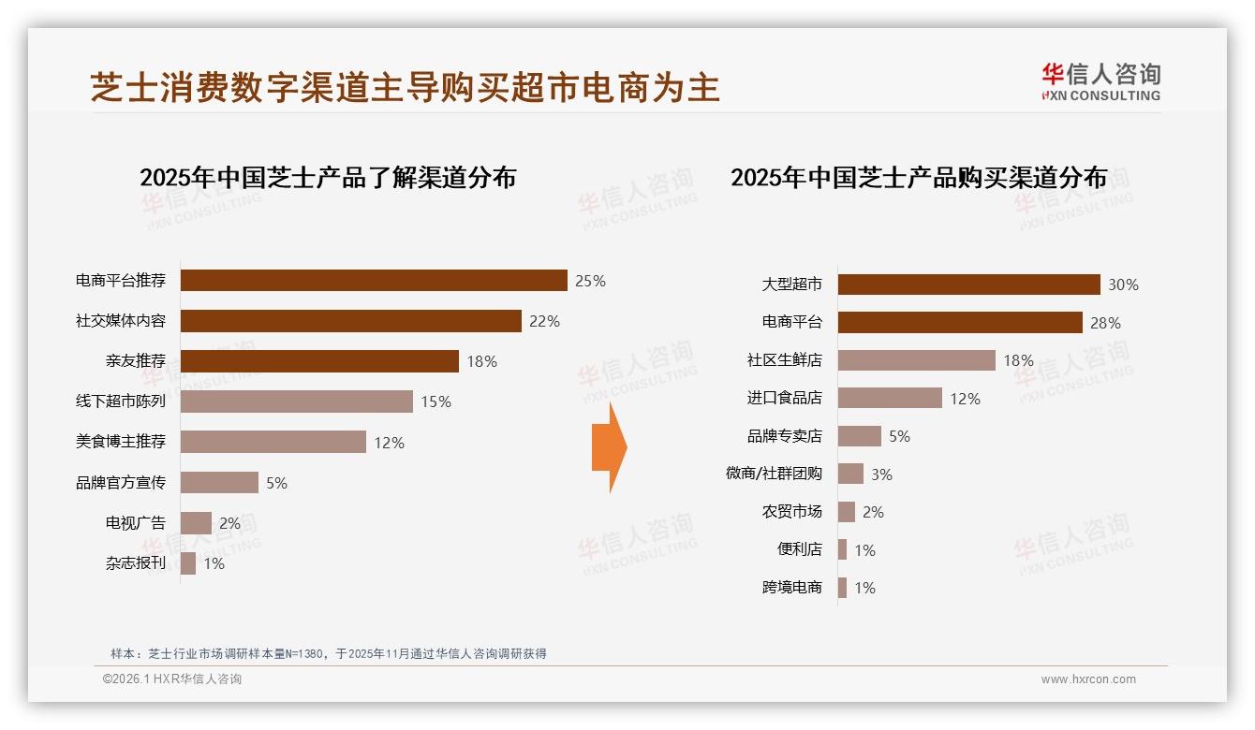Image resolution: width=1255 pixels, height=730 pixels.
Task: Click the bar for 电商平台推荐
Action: (374, 281)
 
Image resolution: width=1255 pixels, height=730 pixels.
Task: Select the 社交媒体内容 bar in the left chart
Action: (350, 321)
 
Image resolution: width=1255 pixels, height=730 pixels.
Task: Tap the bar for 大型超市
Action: (968, 285)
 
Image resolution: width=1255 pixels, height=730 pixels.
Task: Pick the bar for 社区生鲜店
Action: (916, 360)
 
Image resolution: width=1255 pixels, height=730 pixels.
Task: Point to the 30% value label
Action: (1123, 285)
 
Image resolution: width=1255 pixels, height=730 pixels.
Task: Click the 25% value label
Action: (590, 281)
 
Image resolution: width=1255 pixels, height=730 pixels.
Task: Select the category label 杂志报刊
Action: (135, 563)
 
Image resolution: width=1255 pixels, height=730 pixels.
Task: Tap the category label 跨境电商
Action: (791, 588)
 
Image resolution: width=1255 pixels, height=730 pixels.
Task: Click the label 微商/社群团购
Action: (774, 474)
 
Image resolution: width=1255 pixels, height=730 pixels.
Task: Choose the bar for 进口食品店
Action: (890, 398)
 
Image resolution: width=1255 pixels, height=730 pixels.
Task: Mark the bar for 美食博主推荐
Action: (273, 442)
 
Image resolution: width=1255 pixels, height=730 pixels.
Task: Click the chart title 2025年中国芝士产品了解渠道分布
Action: (328, 178)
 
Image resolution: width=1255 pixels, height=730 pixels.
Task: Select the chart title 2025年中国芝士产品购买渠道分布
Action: (919, 178)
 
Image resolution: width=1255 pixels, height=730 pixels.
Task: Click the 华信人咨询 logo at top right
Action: (1100, 81)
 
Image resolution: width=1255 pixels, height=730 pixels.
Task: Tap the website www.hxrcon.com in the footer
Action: (1088, 679)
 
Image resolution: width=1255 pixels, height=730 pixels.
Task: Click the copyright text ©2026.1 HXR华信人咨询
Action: (171, 679)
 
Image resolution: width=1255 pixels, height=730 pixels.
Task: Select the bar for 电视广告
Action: (196, 523)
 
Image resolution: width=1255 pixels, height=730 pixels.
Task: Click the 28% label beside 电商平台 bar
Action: (1105, 323)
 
